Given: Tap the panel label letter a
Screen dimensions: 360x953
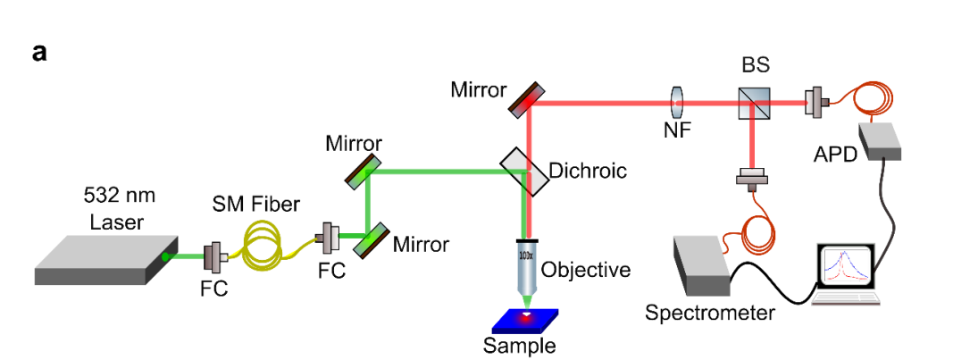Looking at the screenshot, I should (39, 53).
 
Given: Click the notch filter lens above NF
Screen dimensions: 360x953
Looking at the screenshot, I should (677, 104).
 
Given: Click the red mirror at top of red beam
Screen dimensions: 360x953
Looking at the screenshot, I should (526, 99).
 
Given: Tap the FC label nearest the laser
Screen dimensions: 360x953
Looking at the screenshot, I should (213, 289).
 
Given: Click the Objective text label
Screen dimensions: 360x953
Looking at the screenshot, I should (586, 269).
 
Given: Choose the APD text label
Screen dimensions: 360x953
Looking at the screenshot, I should (835, 154).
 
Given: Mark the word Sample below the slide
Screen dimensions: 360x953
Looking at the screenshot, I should (519, 346).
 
